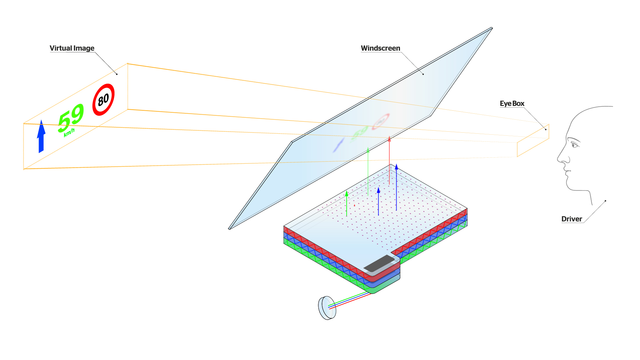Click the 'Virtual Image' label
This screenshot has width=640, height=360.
coord(72,48)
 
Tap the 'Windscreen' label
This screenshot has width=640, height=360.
coord(380,48)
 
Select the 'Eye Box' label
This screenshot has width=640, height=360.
coord(512,104)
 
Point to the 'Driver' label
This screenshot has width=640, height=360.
coord(572,219)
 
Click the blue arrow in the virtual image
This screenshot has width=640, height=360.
coord(41,136)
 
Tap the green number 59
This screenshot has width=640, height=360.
coord(71,117)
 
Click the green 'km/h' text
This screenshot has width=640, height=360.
coord(69,132)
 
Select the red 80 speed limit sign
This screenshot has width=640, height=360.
coord(103,100)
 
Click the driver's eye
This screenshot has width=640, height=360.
coord(575,145)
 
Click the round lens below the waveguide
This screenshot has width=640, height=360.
coord(327,308)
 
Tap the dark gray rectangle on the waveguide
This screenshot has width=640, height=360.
coord(379,264)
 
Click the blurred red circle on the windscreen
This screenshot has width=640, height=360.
coord(381,121)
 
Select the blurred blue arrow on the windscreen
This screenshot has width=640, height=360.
coord(339,145)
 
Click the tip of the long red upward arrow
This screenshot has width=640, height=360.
coord(389,136)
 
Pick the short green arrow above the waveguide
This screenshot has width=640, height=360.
coord(347,203)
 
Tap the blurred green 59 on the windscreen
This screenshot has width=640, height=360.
coord(359,134)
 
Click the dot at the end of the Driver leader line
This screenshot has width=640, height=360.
coord(605,201)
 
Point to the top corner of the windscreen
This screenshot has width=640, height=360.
coord(492,28)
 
